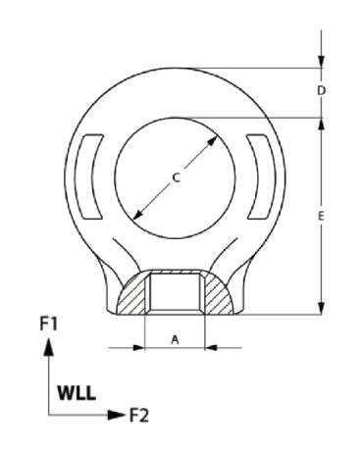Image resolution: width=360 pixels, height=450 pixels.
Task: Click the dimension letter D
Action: click(x=322, y=91)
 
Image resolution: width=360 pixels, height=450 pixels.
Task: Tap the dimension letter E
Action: click(x=321, y=216)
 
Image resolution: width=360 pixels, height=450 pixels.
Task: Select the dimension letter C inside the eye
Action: click(x=177, y=178)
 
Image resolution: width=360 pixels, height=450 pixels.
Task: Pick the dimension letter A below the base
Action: click(x=176, y=340)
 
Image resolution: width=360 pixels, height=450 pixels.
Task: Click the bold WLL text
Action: click(x=77, y=393)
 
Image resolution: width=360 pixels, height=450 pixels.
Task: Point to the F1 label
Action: click(x=49, y=325)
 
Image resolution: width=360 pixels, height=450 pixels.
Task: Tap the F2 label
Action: click(x=139, y=416)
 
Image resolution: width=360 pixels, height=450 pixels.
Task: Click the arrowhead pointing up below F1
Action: click(x=49, y=346)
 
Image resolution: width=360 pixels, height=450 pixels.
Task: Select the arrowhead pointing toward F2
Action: click(x=117, y=415)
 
